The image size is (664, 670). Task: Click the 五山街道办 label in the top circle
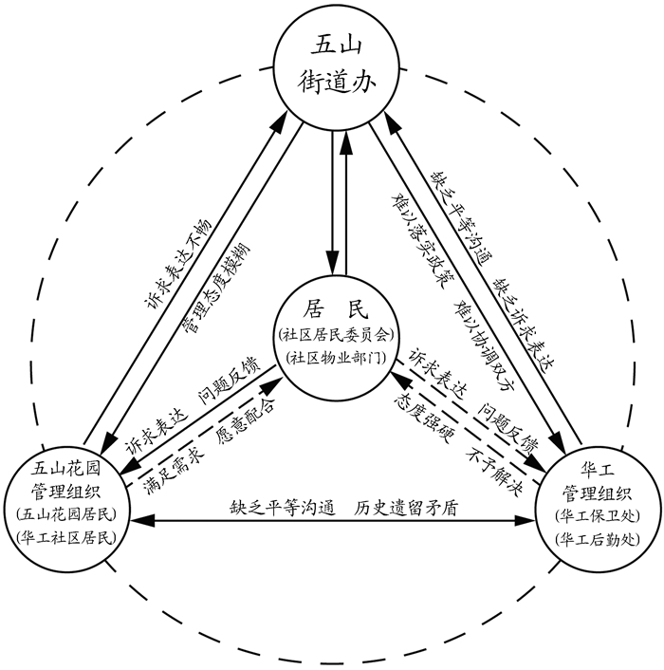[332, 65]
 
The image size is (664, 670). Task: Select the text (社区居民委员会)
[332, 334]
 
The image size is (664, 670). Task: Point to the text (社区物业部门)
[332, 357]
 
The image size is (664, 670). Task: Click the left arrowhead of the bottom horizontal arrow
[135, 521]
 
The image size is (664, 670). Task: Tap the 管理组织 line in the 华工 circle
[595, 493]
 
